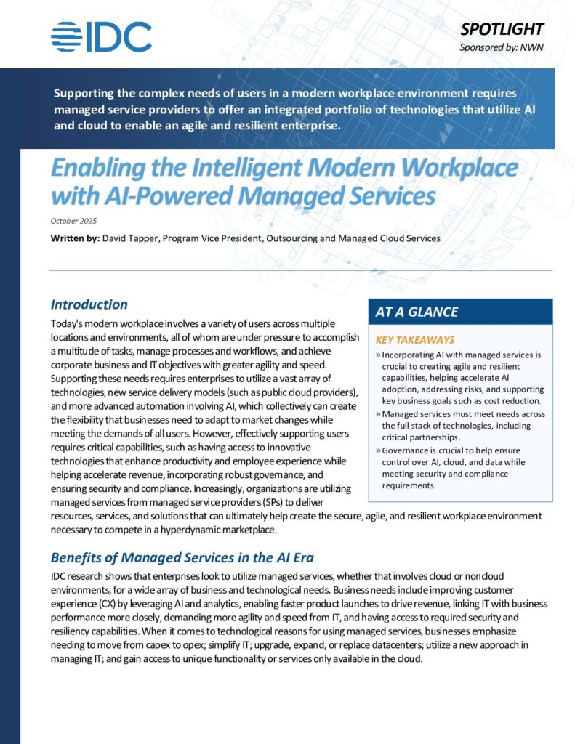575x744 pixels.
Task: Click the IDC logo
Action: (x=101, y=36)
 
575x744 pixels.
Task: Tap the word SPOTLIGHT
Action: (x=502, y=29)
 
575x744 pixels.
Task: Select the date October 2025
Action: (x=73, y=221)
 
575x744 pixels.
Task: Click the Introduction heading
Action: (x=89, y=304)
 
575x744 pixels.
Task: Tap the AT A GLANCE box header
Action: (x=416, y=312)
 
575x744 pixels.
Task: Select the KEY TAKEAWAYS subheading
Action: (x=414, y=339)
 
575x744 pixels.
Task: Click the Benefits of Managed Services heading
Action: (x=182, y=558)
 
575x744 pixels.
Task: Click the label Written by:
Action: (x=75, y=238)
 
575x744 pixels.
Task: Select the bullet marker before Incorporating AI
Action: (x=379, y=355)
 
